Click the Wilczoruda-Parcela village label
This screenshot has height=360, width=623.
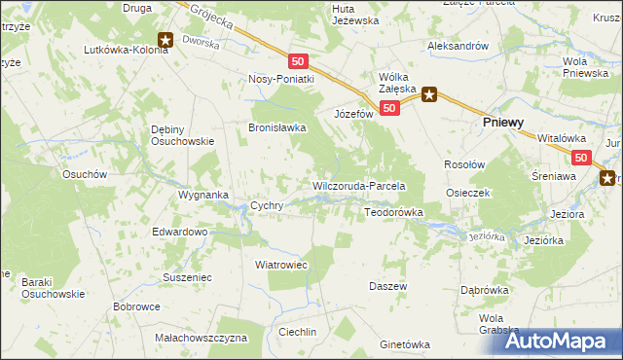tap(357, 186)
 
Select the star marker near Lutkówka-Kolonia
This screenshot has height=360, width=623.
tap(165, 41)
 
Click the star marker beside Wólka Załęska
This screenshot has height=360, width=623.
tap(428, 94)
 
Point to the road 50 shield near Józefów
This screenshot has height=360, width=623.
tap(388, 108)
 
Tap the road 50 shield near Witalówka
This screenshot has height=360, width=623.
tap(581, 157)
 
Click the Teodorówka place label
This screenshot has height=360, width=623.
tap(393, 211)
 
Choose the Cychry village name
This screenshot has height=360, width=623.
tap(267, 206)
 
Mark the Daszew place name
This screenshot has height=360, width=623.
tap(386, 286)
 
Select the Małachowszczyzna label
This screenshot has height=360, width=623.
tap(202, 338)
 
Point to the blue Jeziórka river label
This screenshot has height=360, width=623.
tap(487, 236)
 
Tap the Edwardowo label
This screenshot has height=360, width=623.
tap(180, 233)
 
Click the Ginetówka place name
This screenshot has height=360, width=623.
tap(405, 344)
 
